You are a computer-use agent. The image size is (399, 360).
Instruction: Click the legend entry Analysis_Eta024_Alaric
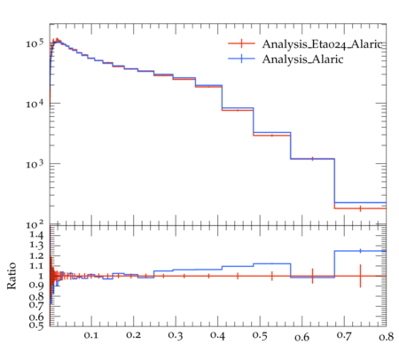click(x=322, y=44)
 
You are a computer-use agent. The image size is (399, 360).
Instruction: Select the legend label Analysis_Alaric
click(x=302, y=59)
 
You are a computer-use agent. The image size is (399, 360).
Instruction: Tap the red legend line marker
click(x=241, y=43)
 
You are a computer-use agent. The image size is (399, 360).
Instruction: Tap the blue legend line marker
click(x=241, y=59)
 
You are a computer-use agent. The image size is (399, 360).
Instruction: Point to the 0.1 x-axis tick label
click(x=91, y=335)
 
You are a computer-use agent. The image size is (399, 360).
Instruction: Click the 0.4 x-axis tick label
click(x=217, y=335)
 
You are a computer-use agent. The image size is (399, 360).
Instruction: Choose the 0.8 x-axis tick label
click(x=386, y=336)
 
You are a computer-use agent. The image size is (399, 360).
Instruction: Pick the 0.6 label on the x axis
click(x=301, y=337)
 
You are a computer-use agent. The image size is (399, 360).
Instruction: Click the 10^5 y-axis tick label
click(x=35, y=43)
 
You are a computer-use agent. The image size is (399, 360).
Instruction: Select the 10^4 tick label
click(x=35, y=104)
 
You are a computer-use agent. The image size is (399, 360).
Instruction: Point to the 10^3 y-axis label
click(x=35, y=164)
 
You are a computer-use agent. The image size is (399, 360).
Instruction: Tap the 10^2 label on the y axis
click(x=35, y=224)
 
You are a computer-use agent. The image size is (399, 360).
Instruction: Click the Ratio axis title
click(x=12, y=276)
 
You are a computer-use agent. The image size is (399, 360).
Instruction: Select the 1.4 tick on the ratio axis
click(x=36, y=235)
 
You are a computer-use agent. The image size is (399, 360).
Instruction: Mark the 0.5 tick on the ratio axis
click(x=36, y=325)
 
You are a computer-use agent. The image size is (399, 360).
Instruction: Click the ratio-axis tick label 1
click(x=41, y=276)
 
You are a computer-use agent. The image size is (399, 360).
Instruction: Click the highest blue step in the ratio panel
click(x=360, y=251)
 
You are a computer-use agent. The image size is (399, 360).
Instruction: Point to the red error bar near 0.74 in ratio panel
click(x=360, y=276)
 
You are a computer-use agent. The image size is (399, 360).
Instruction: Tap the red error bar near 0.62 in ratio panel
click(x=312, y=276)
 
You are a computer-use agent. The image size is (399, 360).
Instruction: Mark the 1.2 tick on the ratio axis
click(x=36, y=255)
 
